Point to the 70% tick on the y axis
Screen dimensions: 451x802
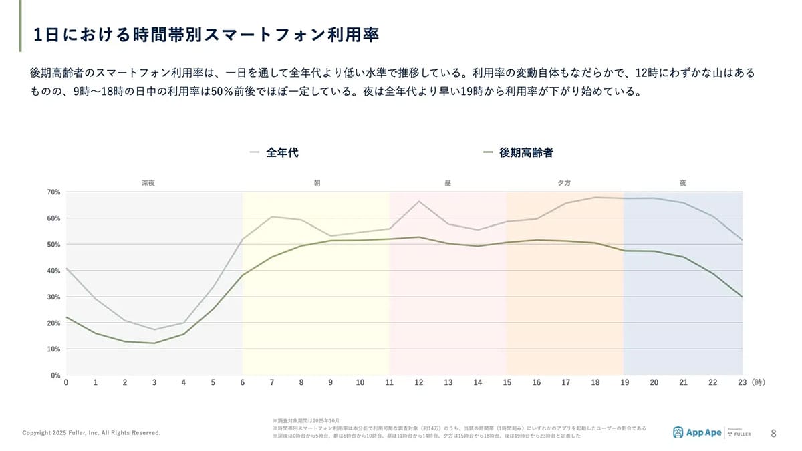coord(53,192)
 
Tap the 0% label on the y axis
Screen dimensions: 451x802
coord(55,375)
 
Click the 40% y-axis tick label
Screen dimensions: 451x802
coord(53,271)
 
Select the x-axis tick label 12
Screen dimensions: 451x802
coord(418,383)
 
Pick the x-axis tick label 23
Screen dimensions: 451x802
coord(742,383)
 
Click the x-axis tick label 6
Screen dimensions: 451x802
coord(243,383)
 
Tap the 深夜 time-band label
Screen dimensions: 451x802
coord(148,182)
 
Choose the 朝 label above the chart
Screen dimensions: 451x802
coord(317,182)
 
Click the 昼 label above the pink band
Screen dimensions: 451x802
coord(448,182)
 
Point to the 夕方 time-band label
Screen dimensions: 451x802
coord(565,182)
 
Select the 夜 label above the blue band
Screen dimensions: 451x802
coord(682,182)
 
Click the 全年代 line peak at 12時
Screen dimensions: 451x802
coord(418,201)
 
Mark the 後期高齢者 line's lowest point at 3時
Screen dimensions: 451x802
coord(154,343)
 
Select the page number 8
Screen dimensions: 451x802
coord(773,433)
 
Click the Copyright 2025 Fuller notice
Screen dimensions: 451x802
coord(92,433)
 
